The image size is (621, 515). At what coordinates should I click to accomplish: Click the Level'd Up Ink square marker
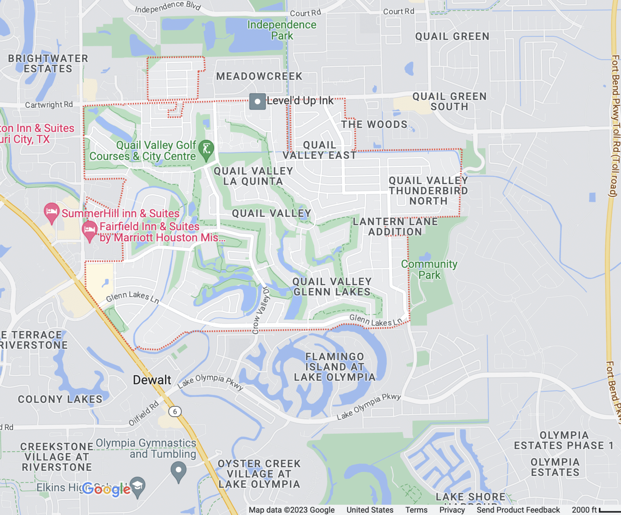(x=257, y=102)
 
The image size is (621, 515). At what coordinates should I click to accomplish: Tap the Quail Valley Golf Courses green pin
(x=206, y=149)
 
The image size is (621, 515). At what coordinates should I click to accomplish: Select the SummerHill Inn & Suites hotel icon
(x=52, y=212)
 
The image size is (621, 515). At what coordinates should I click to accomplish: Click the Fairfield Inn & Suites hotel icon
(x=89, y=230)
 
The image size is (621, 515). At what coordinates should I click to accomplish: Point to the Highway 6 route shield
(x=175, y=411)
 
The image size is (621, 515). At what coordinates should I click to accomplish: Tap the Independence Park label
(x=281, y=30)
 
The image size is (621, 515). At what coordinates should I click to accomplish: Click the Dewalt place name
(x=152, y=380)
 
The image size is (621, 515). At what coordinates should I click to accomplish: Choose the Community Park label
(x=429, y=269)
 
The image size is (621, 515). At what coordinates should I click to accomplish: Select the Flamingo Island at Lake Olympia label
(x=334, y=367)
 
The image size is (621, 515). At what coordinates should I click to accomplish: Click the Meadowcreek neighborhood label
(x=259, y=76)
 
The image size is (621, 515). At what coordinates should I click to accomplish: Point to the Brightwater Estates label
(x=48, y=64)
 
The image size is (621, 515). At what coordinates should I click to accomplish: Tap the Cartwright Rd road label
(x=49, y=105)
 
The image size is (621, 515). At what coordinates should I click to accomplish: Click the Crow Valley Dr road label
(x=261, y=310)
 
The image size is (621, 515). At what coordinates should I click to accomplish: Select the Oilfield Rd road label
(x=143, y=413)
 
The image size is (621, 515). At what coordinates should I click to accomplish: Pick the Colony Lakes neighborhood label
(x=60, y=399)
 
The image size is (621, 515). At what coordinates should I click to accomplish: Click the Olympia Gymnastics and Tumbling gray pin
(x=178, y=471)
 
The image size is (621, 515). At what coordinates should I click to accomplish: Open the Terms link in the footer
(x=416, y=510)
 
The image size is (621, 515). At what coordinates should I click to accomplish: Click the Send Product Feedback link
(x=518, y=510)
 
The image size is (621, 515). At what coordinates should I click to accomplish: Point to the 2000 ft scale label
(x=584, y=510)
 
